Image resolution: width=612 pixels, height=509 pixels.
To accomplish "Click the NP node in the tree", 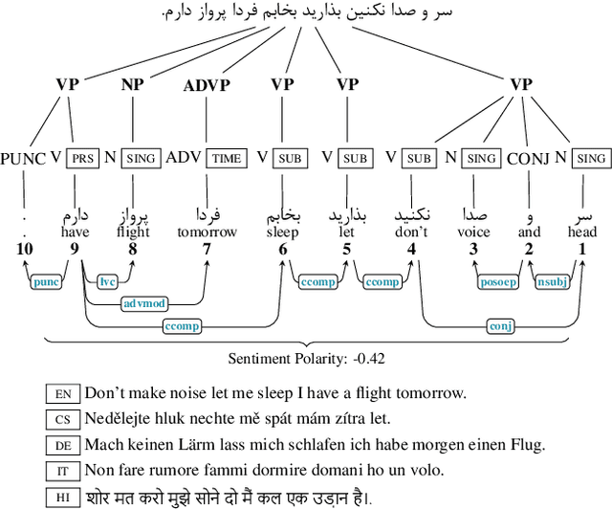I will point(132,85).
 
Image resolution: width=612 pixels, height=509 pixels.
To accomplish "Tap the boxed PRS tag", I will point(83,158).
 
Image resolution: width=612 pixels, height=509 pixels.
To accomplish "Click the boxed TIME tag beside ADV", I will point(227,158).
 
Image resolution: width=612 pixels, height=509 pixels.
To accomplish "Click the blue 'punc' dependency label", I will point(45,282).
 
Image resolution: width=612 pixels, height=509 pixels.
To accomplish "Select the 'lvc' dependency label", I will point(107,281).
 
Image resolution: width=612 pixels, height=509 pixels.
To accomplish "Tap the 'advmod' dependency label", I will point(144,304).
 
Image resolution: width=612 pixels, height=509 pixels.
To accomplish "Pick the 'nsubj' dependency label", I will point(552,282).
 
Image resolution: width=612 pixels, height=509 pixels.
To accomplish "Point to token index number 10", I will point(23,250).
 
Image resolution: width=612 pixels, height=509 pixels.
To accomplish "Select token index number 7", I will point(206,250).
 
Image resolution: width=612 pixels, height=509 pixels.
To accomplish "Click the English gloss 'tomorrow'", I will point(206,232).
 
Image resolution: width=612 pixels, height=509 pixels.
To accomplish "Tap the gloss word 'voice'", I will point(473,232).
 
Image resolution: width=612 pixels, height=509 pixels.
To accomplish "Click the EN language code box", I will point(64,393).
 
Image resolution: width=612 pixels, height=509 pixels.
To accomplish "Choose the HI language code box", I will point(64,497).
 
